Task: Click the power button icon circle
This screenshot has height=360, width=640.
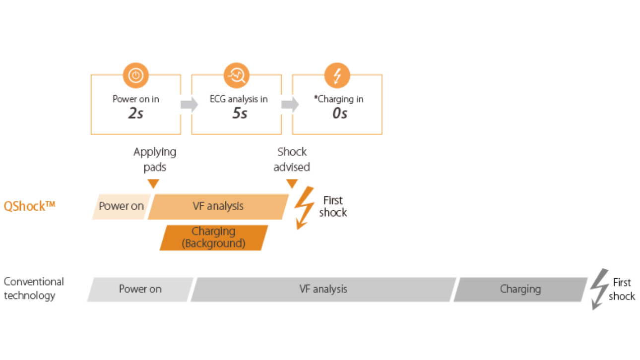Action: click(136, 75)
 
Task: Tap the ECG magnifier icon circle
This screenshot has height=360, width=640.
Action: click(237, 75)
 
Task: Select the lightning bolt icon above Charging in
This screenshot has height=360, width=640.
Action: click(337, 75)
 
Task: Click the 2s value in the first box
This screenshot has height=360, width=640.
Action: click(136, 113)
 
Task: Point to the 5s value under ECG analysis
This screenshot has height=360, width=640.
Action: click(240, 113)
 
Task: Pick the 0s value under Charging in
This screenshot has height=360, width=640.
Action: click(340, 113)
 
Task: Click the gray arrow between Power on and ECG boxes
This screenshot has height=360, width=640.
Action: click(190, 105)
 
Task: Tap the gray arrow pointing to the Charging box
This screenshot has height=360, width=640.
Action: click(290, 105)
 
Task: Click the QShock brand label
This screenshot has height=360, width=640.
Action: click(29, 206)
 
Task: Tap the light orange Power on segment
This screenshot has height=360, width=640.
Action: click(121, 207)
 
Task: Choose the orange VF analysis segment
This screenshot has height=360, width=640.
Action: click(218, 207)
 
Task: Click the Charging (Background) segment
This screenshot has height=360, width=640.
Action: click(214, 238)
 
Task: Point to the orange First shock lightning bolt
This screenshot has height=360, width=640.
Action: click(305, 208)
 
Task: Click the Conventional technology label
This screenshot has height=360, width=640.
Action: click(34, 288)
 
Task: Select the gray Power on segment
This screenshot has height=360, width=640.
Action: click(140, 289)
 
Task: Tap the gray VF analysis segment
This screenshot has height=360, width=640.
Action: click(323, 289)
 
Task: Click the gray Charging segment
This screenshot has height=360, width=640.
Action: click(520, 289)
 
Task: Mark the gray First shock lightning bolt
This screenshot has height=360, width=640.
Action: click(599, 289)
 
